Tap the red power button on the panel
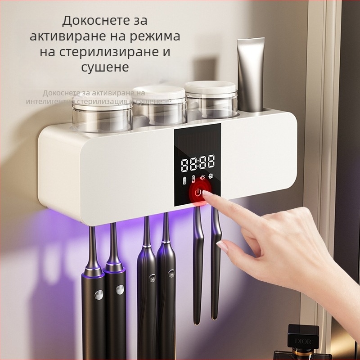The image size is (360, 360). click(x=198, y=194)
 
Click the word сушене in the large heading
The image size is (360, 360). click(x=105, y=67)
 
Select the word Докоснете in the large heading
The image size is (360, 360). click(x=86, y=21)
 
